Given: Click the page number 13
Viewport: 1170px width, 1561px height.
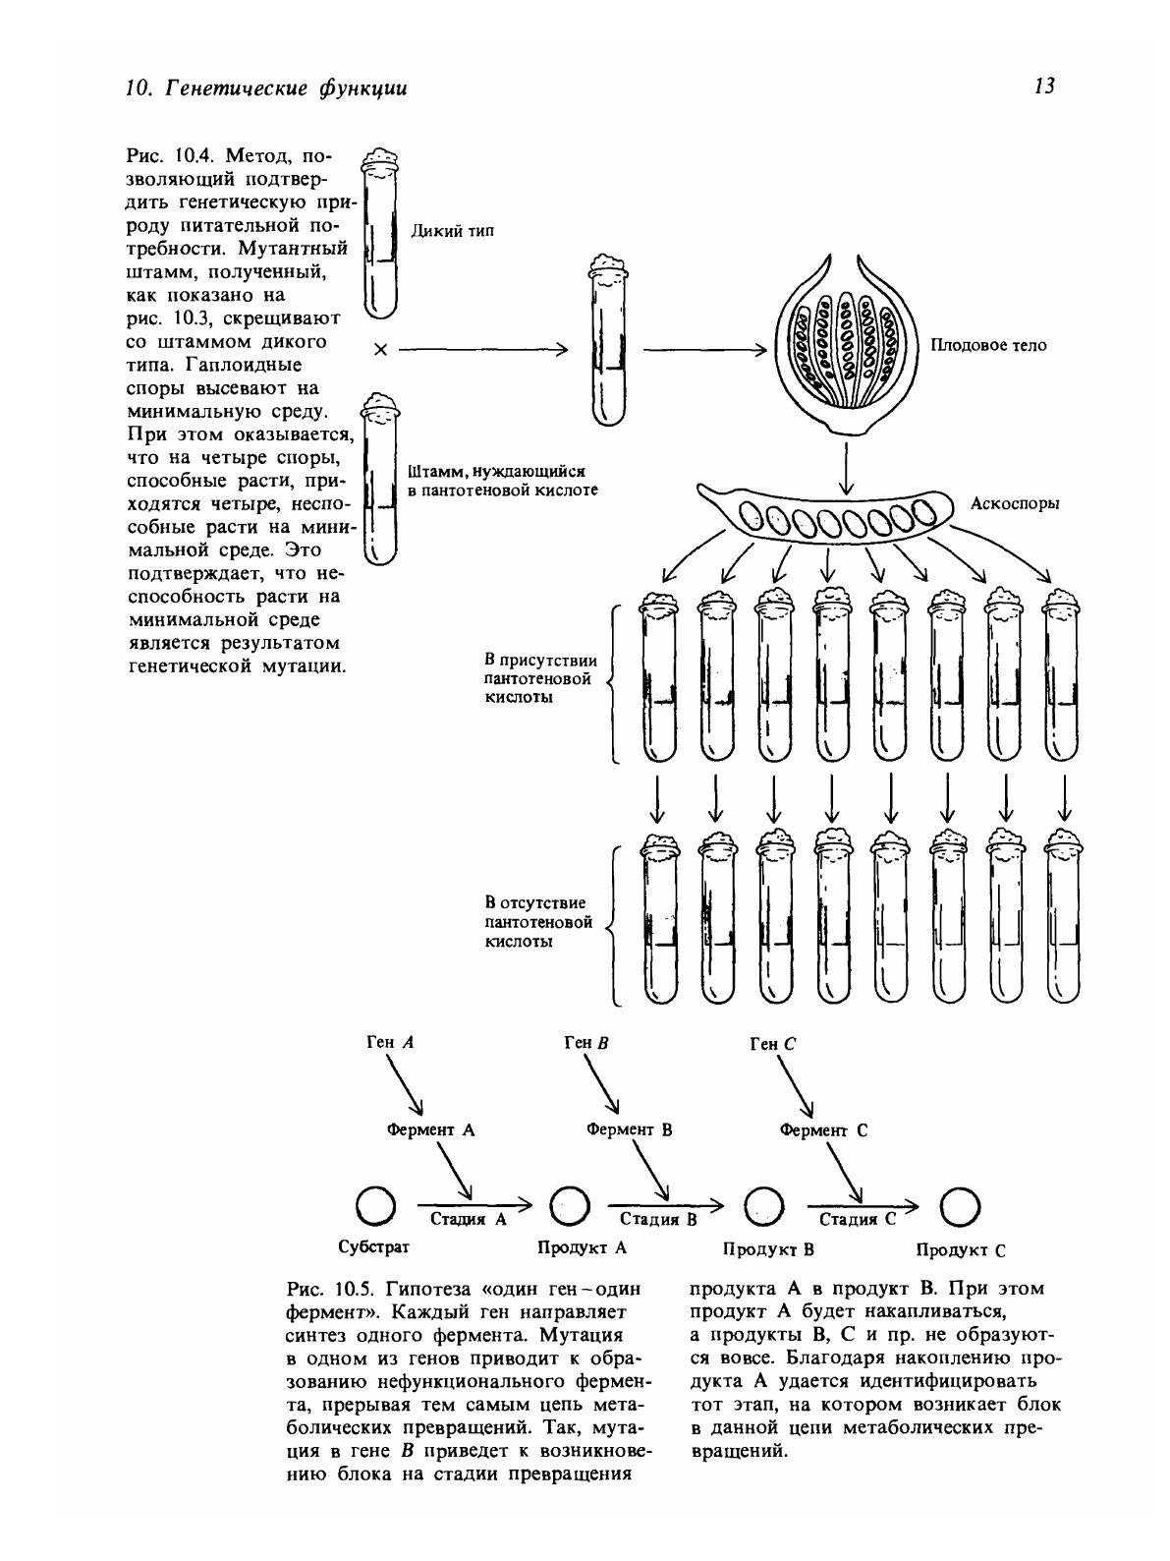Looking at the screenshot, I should pyautogui.click(x=1044, y=87).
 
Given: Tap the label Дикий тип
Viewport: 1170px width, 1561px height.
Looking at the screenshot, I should pyautogui.click(x=451, y=231).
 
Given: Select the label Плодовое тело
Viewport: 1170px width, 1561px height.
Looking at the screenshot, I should pyautogui.click(x=988, y=345).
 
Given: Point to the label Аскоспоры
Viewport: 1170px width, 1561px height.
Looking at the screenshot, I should pyautogui.click(x=1014, y=503).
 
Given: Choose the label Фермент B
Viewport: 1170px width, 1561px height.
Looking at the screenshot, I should pyautogui.click(x=629, y=1129).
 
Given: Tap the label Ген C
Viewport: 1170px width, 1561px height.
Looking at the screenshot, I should pyautogui.click(x=771, y=1045).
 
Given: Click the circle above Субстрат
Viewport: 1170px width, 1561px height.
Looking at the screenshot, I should pyautogui.click(x=373, y=1206).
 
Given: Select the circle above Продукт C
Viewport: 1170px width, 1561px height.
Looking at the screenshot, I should pyautogui.click(x=960, y=1206).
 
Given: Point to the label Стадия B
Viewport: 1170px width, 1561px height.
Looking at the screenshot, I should pyautogui.click(x=658, y=1220).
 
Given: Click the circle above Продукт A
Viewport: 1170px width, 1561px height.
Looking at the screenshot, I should pyautogui.click(x=568, y=1206).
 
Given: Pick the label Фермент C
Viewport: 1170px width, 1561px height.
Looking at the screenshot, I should pyautogui.click(x=823, y=1130).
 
